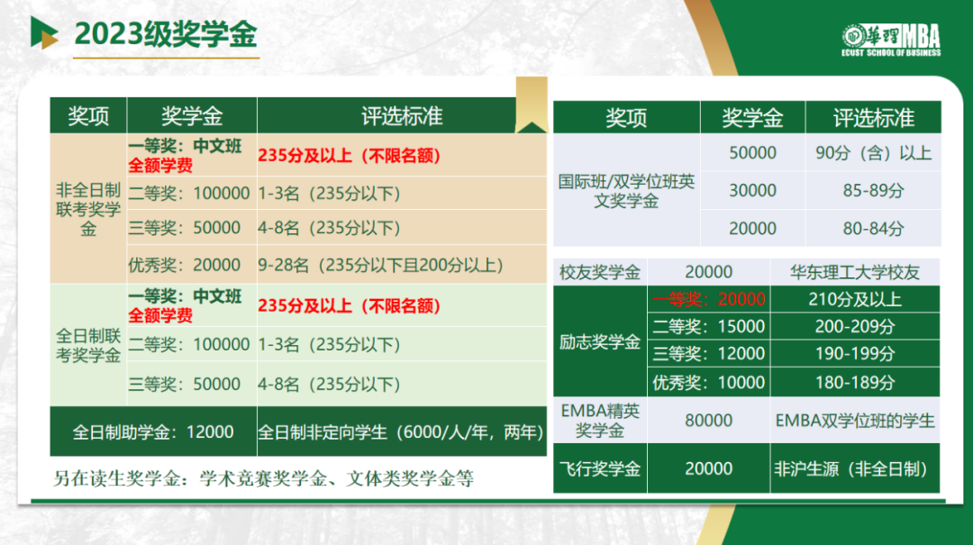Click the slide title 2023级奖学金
pyautogui.click(x=165, y=33)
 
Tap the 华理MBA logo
pyautogui.click(x=891, y=41)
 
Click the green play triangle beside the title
pyautogui.click(x=44, y=32)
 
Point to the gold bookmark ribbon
pyautogui.click(x=532, y=104)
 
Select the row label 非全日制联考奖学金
pyautogui.click(x=88, y=209)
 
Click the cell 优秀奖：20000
pyautogui.click(x=185, y=265)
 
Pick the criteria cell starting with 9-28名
pyautogui.click(x=380, y=265)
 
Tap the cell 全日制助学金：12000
pyautogui.click(x=152, y=432)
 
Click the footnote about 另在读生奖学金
pyautogui.click(x=263, y=478)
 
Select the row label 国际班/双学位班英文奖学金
pyautogui.click(x=626, y=191)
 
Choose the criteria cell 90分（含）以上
pyautogui.click(x=873, y=153)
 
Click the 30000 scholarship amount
pyautogui.click(x=752, y=191)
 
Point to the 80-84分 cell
pyautogui.click(x=873, y=229)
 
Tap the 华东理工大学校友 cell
pyautogui.click(x=854, y=272)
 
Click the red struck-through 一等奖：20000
pyautogui.click(x=709, y=299)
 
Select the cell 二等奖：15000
pyautogui.click(x=709, y=326)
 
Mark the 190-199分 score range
pyautogui.click(x=854, y=354)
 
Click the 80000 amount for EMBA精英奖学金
pyautogui.click(x=709, y=420)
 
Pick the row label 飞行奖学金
pyautogui.click(x=599, y=468)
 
